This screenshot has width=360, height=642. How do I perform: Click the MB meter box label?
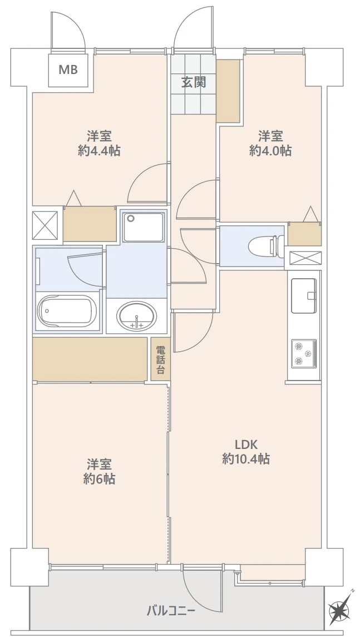pyautogui.click(x=68, y=70)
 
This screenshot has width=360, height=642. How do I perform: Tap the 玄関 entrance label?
pyautogui.click(x=193, y=82)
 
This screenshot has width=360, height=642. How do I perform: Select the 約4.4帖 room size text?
pyautogui.click(x=99, y=151)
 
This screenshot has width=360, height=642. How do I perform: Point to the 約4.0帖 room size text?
pyautogui.click(x=270, y=151)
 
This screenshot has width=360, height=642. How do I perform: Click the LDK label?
pyautogui.click(x=246, y=444)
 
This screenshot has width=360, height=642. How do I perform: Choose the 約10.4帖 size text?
pyautogui.click(x=246, y=459)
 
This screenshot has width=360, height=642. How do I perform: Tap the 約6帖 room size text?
pyautogui.click(x=99, y=478)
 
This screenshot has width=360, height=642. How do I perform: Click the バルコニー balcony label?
pyautogui.click(x=171, y=612)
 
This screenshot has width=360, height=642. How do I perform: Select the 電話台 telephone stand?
pyautogui.click(x=161, y=359)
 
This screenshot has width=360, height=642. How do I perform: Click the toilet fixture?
pyautogui.click(x=266, y=246)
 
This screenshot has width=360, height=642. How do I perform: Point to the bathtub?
pyautogui.click(x=67, y=312)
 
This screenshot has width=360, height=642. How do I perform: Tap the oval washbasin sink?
pyautogui.click(x=136, y=316)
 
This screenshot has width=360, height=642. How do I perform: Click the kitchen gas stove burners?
pyautogui.click(x=303, y=353)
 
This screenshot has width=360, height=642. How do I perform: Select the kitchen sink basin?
pyautogui.click(x=303, y=295)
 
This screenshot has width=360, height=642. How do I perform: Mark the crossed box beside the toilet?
pyautogui.click(x=305, y=258)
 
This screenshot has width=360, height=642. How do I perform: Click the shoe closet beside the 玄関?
pyautogui.click(x=228, y=91)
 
